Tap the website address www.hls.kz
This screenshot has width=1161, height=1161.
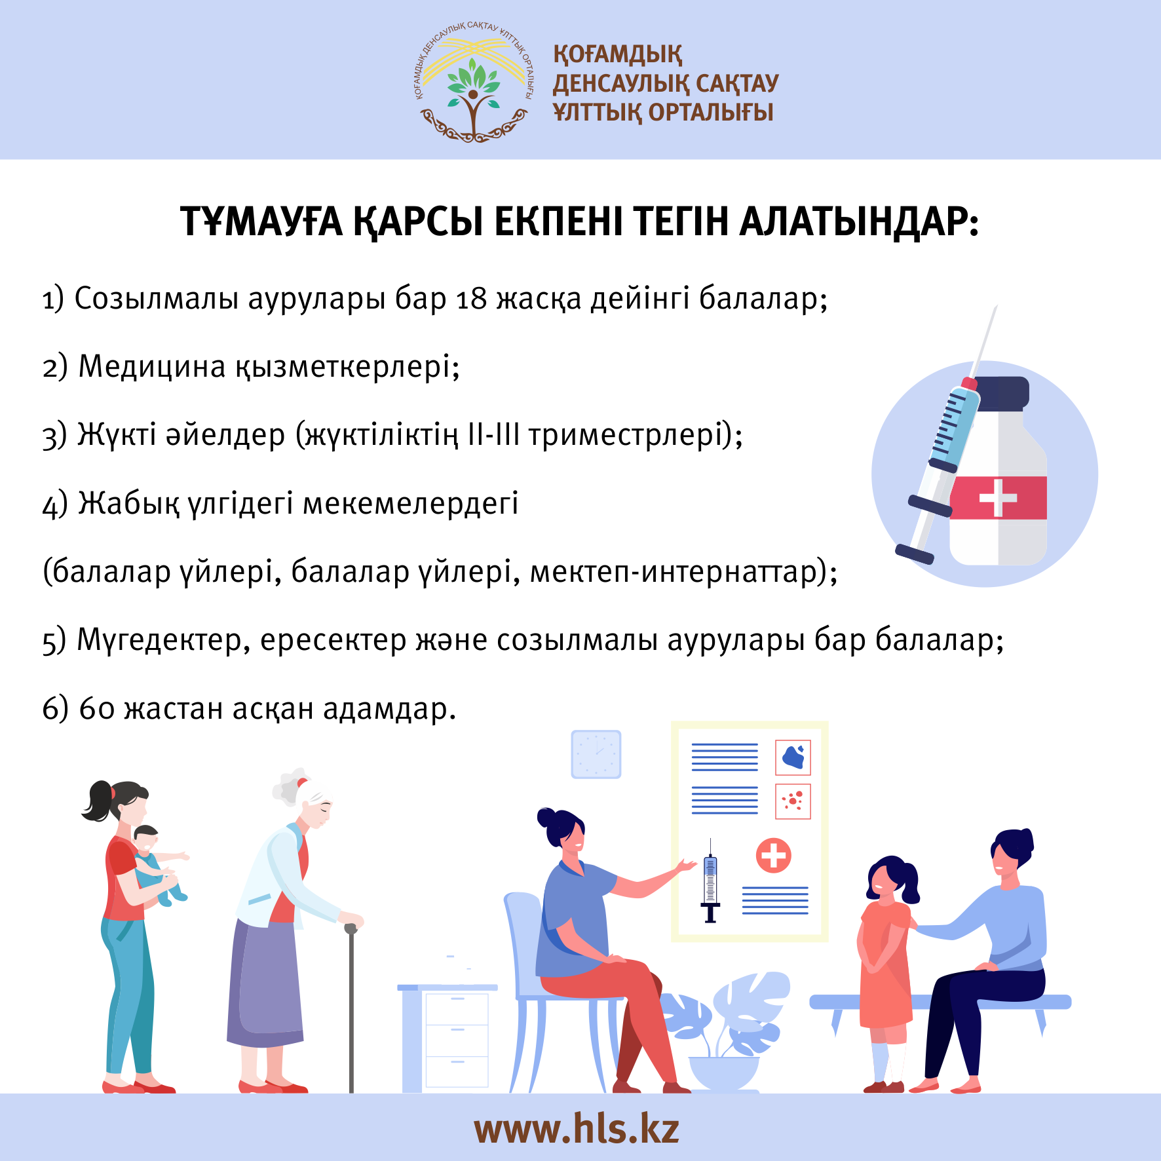[577, 1128]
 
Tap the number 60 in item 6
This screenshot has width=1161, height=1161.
[97, 709]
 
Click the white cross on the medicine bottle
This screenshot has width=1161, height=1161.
[997, 498]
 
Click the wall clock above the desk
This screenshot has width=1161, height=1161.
[596, 754]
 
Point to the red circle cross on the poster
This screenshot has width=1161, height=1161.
[774, 855]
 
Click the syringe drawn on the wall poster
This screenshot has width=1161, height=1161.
[710, 881]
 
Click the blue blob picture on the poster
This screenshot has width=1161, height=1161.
[793, 757]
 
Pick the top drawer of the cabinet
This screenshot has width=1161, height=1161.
[457, 1009]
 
